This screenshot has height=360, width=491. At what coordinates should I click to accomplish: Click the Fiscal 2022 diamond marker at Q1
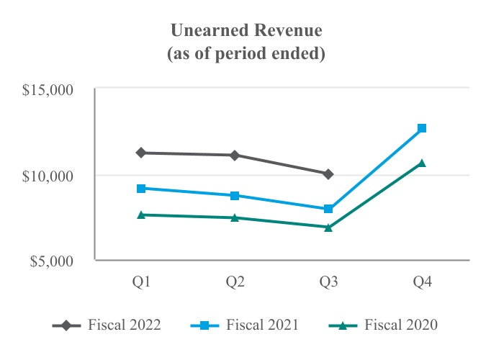pos(141,153)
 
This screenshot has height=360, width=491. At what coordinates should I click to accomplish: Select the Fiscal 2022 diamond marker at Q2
pos(235,155)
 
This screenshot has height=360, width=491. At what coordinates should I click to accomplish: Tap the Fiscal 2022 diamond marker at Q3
pos(328,174)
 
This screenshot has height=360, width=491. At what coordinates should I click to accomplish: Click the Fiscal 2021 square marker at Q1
pos(141,189)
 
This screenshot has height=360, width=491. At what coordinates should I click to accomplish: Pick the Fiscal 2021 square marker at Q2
pos(235,195)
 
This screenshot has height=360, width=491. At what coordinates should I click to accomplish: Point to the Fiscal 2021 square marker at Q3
pos(328,209)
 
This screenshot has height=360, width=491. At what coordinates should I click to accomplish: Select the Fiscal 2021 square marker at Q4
pos(422,128)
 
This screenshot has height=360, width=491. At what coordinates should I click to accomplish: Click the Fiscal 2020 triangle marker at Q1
pos(141,215)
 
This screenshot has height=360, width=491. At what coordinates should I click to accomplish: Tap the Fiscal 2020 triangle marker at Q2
pos(235,217)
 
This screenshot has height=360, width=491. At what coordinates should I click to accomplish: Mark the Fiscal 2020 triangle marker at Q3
pos(328,227)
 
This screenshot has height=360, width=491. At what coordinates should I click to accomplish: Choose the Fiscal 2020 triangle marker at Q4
pos(422,163)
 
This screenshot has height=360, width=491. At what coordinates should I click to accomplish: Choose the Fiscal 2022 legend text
pos(124,325)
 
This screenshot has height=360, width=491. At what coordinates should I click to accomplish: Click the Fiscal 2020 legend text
pos(401,325)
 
